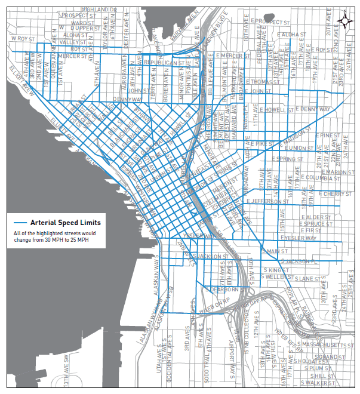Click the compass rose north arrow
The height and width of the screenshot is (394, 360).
tap(344, 20)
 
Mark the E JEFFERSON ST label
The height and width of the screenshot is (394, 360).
tap(266, 202)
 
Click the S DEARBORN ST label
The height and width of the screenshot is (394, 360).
tap(222, 289)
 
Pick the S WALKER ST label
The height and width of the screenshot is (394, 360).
tap(321, 384)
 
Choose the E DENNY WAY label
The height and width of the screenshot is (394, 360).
tap(315, 109)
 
